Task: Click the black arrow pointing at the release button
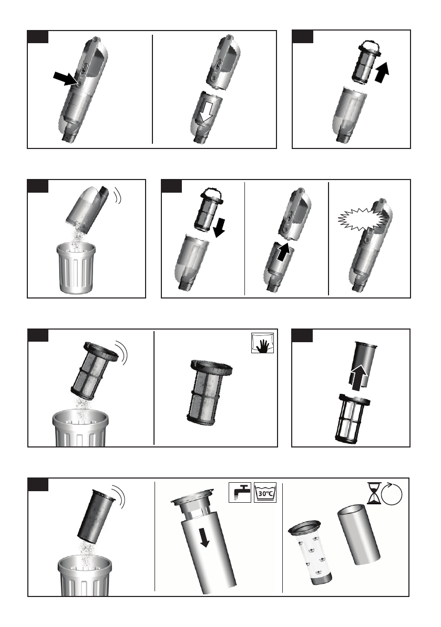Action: coord(66,78)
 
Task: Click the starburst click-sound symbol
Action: coord(359,218)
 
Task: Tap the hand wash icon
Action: coord(263,343)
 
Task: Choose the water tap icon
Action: coord(240,492)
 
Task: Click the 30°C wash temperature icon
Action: coord(265,492)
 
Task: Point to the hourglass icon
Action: coord(374,493)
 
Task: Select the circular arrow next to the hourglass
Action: coord(392,493)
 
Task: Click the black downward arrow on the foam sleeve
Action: coord(204,537)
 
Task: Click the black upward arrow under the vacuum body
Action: coord(283,252)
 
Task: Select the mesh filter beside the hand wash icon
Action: coord(209,392)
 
